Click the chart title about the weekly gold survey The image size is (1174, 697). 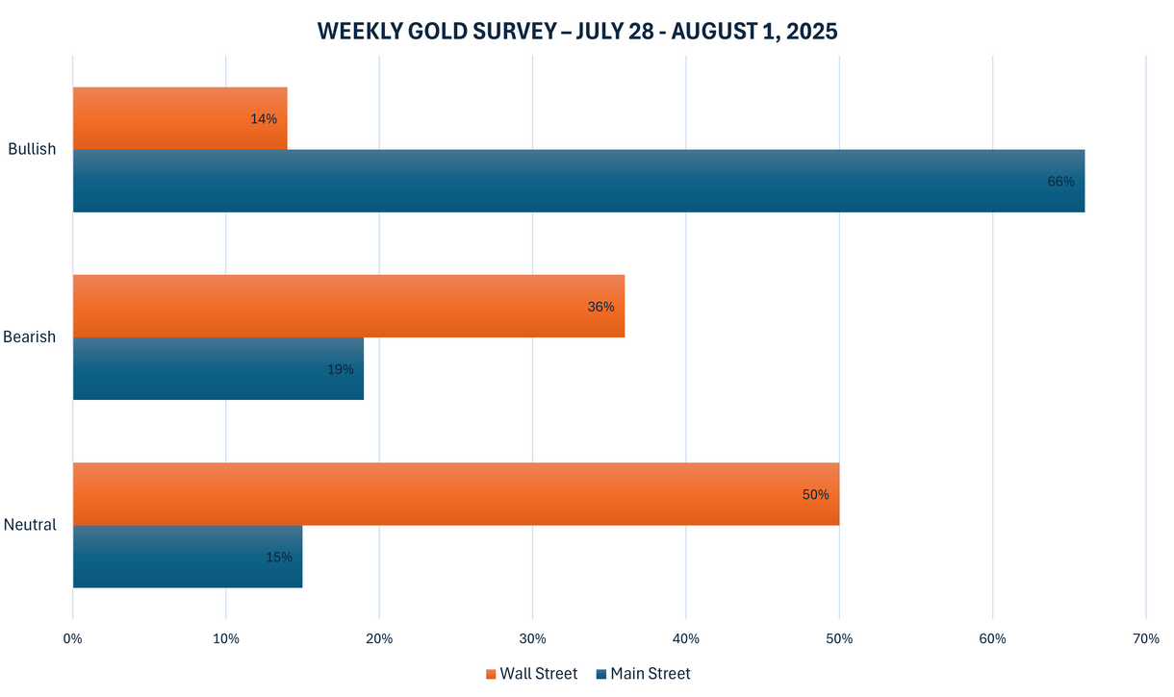pos(577,31)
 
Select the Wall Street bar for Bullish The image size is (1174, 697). pos(180,118)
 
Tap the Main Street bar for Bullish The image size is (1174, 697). pos(577,181)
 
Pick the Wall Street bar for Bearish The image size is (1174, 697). pos(348,306)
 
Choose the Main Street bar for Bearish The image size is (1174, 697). pos(217,368)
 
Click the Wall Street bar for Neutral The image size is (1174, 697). pos(455,493)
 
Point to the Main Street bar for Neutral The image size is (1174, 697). pos(187,556)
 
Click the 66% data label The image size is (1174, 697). pos(1060,181)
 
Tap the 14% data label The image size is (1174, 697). pos(264,119)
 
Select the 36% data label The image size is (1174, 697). pos(600,307)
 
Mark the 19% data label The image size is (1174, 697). pos(340,369)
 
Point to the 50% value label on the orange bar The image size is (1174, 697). pos(815,494)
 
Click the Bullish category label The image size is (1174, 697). pos(32,149)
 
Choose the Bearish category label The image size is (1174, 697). pos(30,337)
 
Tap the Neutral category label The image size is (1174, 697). pos(30,525)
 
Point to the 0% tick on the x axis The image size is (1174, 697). pos(72,639)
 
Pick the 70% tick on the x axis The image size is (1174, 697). pos(1145,639)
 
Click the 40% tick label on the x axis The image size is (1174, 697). pos(685,639)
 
